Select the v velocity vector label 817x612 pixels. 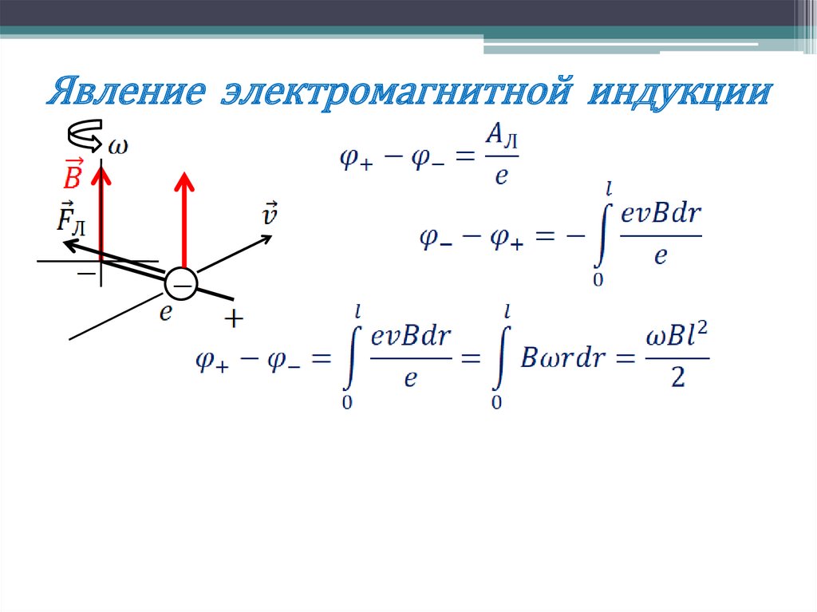click(270, 213)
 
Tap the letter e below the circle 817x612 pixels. click(165, 314)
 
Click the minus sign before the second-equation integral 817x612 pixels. click(571, 236)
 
